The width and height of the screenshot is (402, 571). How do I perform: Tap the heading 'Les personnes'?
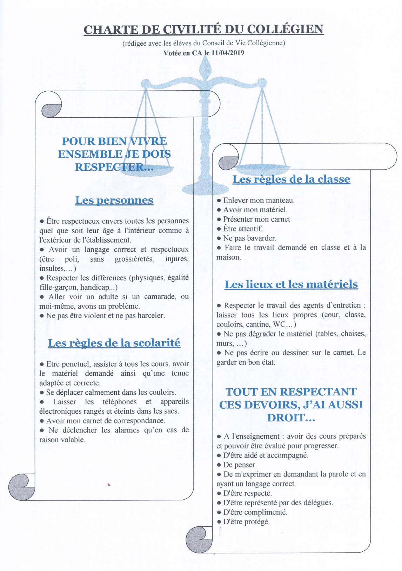coord(114,200)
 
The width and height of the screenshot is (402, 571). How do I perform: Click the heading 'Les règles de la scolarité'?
coord(114,343)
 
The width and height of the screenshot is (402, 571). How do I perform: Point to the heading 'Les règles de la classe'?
coord(291,179)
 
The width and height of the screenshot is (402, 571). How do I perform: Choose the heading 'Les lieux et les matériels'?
coord(291,284)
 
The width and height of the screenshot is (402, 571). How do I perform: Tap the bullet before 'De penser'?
coord(219,465)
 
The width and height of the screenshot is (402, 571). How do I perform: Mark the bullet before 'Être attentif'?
coord(219,229)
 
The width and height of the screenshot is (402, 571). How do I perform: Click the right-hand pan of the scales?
coord(262,168)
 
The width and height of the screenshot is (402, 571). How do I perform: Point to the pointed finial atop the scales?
coord(205,65)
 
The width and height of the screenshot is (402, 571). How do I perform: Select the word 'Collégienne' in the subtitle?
coord(265,43)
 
